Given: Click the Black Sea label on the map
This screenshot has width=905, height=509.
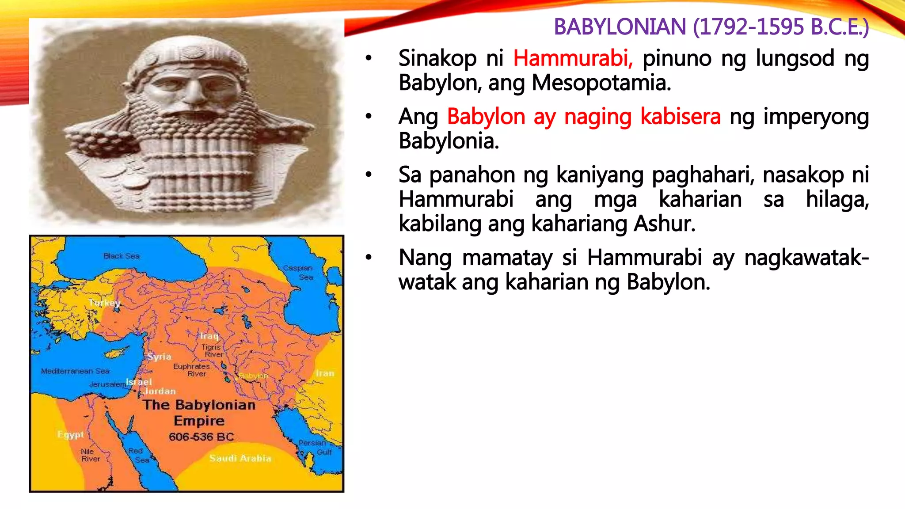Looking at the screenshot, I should coord(122,256).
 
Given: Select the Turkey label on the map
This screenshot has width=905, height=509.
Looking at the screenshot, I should coord(104,303).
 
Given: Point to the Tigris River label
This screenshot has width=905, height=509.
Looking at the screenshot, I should coord(212,351).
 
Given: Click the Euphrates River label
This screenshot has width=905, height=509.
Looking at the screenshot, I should coord(192,370).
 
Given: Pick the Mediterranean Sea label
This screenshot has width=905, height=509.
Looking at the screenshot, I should coord(75,371).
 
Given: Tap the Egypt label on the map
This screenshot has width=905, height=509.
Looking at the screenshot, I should coord(70,435).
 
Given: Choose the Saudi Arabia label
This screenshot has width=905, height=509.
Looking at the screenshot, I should coord(240,458).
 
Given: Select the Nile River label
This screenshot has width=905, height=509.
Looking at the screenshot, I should coord(90,455).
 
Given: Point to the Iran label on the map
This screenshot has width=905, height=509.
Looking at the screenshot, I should coord(325,373).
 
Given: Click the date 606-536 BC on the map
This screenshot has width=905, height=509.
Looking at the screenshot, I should coord(201,437).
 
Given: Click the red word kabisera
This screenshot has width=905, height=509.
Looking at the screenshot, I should coord(681,117).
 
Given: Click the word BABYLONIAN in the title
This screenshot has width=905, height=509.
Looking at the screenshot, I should coord(620,27).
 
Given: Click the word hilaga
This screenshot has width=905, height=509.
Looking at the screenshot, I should coord(837,200).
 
